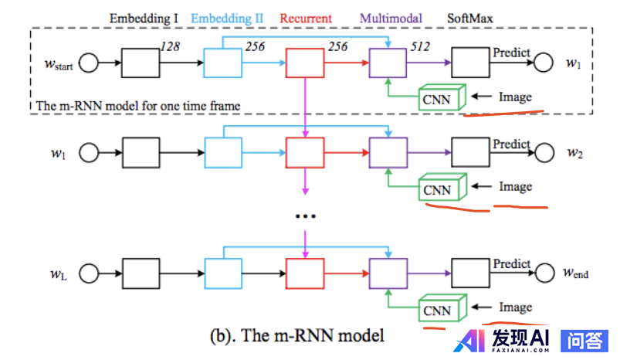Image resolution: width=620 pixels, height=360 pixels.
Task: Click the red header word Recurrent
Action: point(306,16)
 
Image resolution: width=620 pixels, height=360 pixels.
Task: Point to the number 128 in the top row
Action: point(170,47)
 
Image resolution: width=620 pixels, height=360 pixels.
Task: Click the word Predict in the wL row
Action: point(511,263)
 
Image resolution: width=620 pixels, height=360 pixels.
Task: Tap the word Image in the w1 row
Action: point(515,186)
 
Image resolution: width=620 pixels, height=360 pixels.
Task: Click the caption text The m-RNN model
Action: point(296,337)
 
